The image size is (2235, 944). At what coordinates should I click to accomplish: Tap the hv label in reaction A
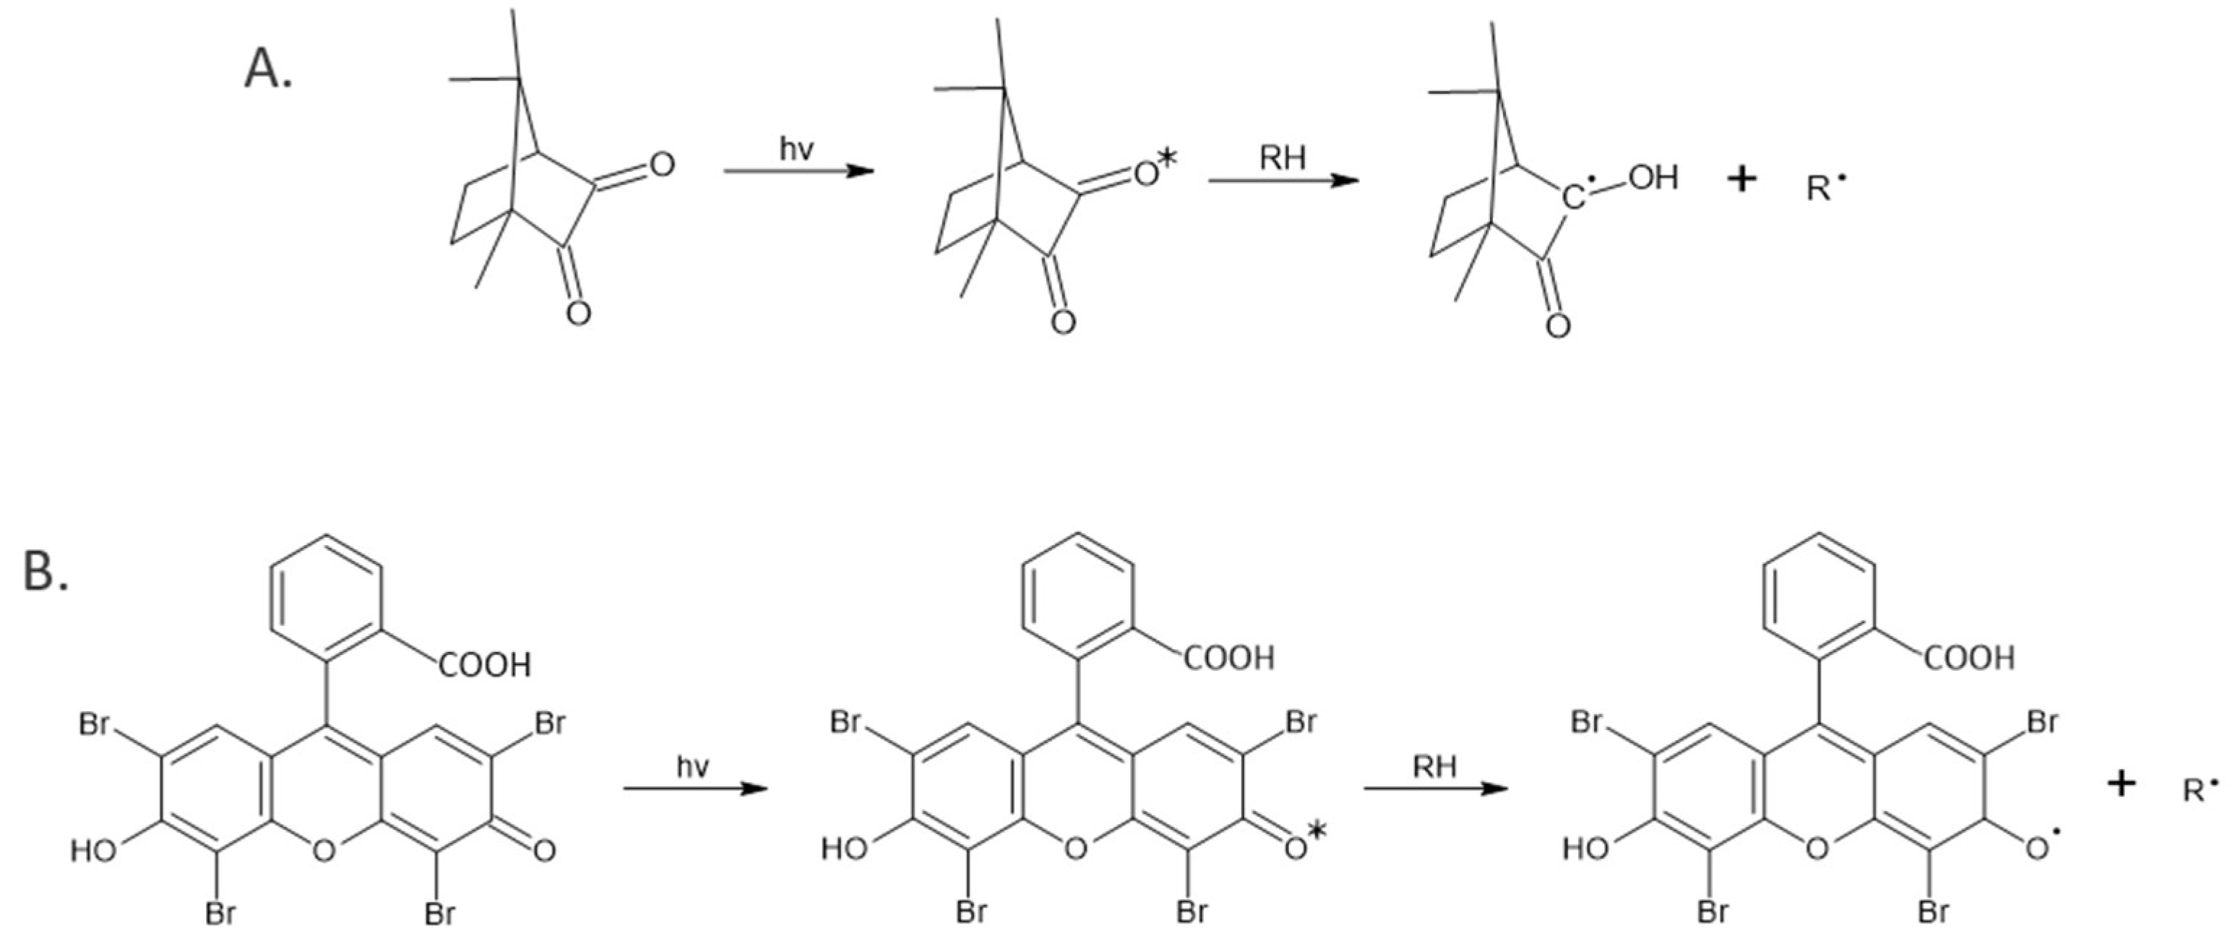(x=796, y=149)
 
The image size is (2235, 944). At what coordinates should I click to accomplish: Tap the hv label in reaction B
(x=692, y=766)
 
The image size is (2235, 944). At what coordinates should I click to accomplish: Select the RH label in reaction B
(x=1435, y=766)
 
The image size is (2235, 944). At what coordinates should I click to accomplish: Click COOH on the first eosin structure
(x=484, y=666)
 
